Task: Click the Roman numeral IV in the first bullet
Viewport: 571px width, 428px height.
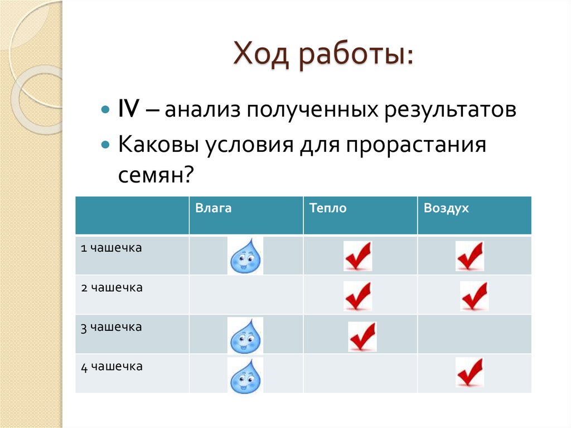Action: [x=129, y=110]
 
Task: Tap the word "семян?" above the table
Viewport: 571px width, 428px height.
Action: [x=156, y=176]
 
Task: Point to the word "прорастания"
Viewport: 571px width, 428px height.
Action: [x=415, y=146]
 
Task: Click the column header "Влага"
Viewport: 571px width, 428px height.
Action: [x=213, y=209]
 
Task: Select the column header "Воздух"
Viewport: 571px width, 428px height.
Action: [x=446, y=209]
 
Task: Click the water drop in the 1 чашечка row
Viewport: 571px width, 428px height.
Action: [x=245, y=256]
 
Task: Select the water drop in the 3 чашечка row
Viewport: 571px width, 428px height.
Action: [x=245, y=335]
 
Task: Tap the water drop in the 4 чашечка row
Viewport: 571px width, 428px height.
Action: [x=245, y=375]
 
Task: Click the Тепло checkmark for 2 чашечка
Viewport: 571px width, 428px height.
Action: [x=357, y=296]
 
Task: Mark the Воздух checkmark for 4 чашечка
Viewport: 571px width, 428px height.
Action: [x=470, y=372]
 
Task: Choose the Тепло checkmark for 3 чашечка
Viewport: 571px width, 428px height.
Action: [x=362, y=336]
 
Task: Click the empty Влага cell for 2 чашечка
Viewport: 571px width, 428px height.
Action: [x=246, y=295]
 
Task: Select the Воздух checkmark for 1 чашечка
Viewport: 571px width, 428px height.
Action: [x=470, y=256]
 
